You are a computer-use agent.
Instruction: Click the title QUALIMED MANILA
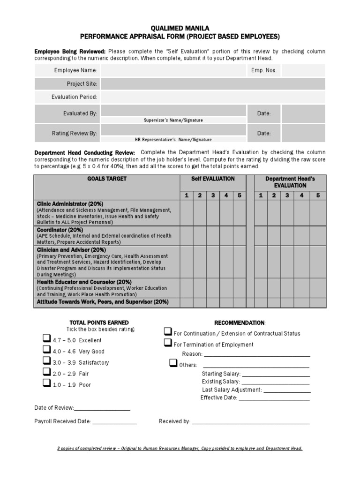(x=180, y=29)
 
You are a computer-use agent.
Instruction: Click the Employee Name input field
(x=173, y=71)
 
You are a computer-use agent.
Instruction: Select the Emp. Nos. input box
(x=303, y=71)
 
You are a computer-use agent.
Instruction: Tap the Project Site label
(x=82, y=84)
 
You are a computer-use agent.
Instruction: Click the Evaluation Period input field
(x=213, y=97)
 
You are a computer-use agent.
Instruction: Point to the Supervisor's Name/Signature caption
(x=173, y=120)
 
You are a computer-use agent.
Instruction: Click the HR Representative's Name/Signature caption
(x=173, y=139)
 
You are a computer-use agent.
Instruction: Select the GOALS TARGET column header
(x=106, y=179)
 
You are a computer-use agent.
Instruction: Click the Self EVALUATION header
(x=213, y=179)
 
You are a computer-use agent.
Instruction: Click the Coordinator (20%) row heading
(x=60, y=230)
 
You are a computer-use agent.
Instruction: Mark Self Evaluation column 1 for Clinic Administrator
(x=187, y=213)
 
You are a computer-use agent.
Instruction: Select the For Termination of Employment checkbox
(x=168, y=344)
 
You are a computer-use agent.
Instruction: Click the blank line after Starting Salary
(x=276, y=375)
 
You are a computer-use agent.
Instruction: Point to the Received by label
(x=174, y=421)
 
